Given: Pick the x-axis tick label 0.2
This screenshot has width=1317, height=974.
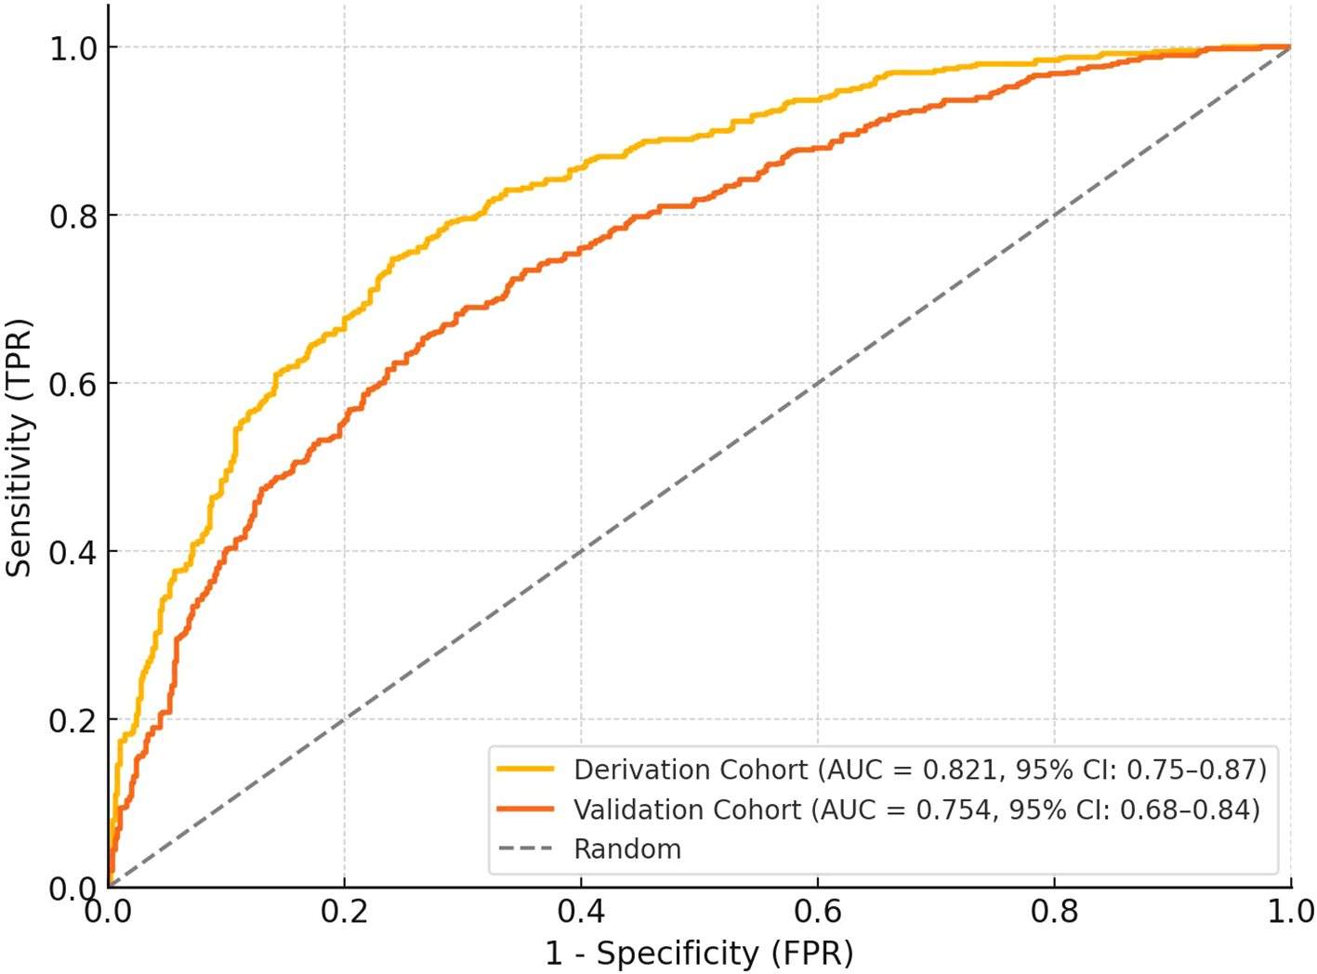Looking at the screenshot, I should click(x=345, y=912).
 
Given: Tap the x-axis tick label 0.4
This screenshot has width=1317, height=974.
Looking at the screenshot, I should click(x=581, y=912).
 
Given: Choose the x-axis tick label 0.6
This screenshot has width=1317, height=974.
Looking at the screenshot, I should click(x=818, y=912).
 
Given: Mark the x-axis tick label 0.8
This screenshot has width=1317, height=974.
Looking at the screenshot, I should click(x=1054, y=912).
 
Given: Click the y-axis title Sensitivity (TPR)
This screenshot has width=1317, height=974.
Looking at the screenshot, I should click(x=20, y=448).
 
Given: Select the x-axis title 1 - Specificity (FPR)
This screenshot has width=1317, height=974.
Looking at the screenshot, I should click(x=699, y=954).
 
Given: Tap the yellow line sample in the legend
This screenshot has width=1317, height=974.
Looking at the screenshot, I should click(x=525, y=770).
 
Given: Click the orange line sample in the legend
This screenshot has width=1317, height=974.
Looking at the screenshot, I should click(x=525, y=809).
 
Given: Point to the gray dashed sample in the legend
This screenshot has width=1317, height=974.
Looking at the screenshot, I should click(x=525, y=849).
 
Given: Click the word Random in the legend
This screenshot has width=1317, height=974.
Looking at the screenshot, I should click(x=627, y=849).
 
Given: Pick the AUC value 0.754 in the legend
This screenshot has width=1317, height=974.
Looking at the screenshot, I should click(x=951, y=809).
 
